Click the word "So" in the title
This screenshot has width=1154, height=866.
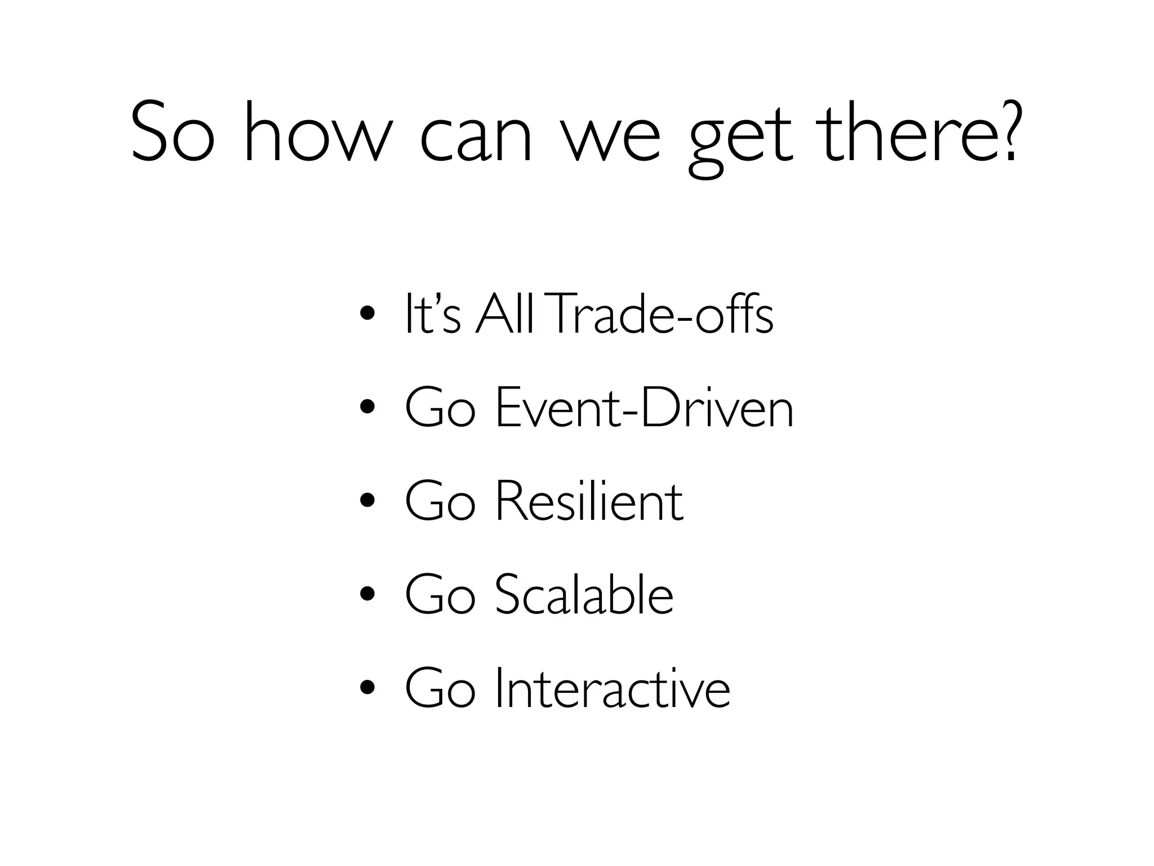(x=172, y=132)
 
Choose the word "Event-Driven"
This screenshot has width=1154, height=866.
(x=644, y=408)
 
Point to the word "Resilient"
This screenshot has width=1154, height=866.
(x=589, y=501)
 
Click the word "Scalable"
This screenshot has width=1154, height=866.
(x=584, y=594)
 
